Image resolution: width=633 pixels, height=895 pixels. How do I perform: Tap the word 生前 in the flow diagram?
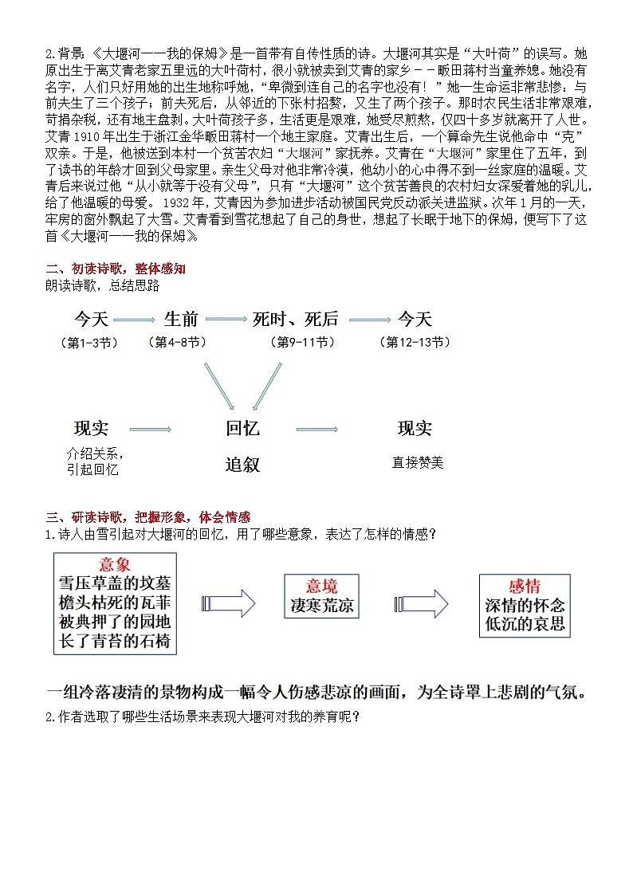coord(181,320)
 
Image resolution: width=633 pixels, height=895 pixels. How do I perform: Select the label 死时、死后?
coord(295,320)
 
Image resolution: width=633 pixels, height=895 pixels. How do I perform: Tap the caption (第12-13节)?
coord(417,343)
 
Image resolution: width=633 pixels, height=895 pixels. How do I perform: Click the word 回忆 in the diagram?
coord(242,429)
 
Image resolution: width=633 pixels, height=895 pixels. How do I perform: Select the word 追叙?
coord(242,464)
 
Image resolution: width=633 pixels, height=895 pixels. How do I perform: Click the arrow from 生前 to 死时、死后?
coord(225,320)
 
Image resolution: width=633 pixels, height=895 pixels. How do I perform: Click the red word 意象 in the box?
coord(115,565)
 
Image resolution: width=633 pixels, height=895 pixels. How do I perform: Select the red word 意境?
coord(322,587)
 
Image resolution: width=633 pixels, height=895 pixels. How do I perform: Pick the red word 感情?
coord(524,587)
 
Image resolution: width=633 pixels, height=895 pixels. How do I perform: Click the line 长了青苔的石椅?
coord(115,640)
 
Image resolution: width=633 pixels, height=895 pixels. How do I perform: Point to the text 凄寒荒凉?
coord(322,606)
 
